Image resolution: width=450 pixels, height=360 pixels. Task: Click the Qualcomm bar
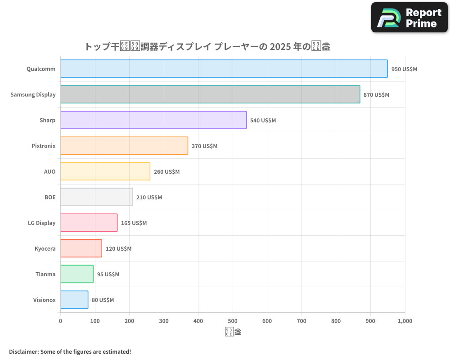[x=224, y=69]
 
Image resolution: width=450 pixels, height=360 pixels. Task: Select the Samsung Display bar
[x=210, y=94]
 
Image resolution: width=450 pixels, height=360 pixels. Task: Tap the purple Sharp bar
[x=153, y=120]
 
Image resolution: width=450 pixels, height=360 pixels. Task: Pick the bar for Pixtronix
[x=124, y=146]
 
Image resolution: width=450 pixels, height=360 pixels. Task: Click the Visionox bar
[x=74, y=300]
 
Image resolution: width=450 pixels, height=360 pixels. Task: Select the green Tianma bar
[x=77, y=274]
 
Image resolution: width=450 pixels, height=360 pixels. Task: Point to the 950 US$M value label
[x=404, y=69]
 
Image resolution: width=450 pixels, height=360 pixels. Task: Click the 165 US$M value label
[x=134, y=223]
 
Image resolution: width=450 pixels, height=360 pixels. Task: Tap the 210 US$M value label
[x=149, y=198]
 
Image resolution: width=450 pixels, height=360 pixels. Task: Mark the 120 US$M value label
[x=118, y=249]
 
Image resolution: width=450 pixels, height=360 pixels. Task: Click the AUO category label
[x=49, y=171]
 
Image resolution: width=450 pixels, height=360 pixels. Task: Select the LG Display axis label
[x=41, y=223]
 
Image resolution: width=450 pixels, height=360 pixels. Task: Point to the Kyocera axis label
[x=45, y=248]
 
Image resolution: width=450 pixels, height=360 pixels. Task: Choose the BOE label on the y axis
[x=50, y=197]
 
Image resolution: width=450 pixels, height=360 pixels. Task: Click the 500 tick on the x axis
[x=233, y=321]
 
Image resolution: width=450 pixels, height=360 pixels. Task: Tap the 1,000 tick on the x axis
[x=405, y=321]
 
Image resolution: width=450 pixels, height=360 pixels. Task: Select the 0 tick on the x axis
[x=61, y=321]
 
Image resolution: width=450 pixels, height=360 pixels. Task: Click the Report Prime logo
[x=409, y=18]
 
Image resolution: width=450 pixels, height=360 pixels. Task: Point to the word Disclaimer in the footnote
[x=23, y=351]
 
